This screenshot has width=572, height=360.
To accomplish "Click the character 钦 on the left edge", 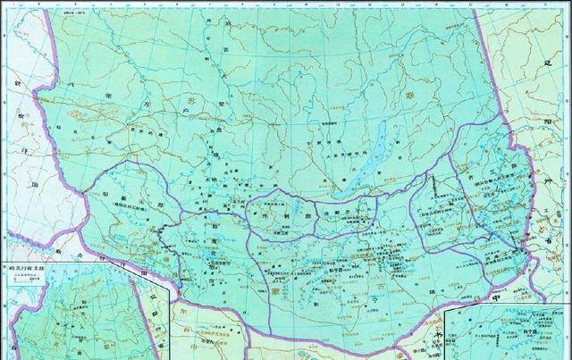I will coord(16,83).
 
